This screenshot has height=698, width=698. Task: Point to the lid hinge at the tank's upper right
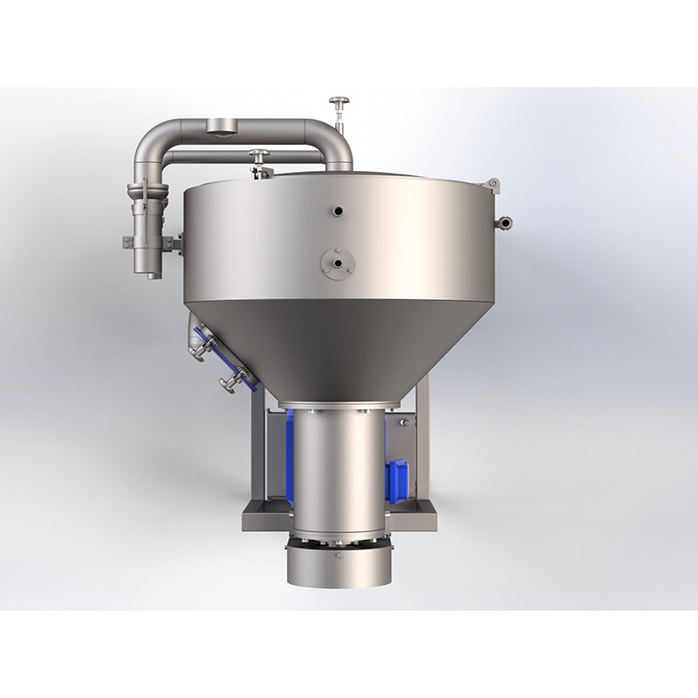(x=494, y=185)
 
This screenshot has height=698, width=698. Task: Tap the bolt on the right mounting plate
(x=403, y=422)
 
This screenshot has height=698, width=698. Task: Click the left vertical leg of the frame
(x=255, y=454)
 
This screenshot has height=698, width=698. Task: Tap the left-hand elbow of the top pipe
(x=150, y=144)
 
